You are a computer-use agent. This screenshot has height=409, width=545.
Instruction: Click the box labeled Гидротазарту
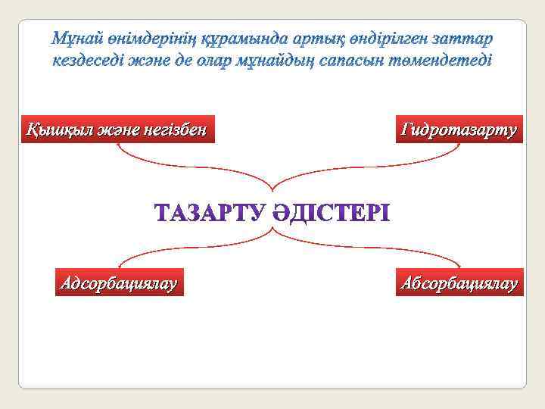459,130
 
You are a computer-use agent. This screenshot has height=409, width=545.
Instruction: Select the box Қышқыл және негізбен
116,130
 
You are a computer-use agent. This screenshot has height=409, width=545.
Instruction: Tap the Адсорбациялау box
120,283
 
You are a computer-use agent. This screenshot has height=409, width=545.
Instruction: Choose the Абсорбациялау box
459,283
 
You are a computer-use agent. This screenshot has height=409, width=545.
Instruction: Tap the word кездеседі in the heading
86,59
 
